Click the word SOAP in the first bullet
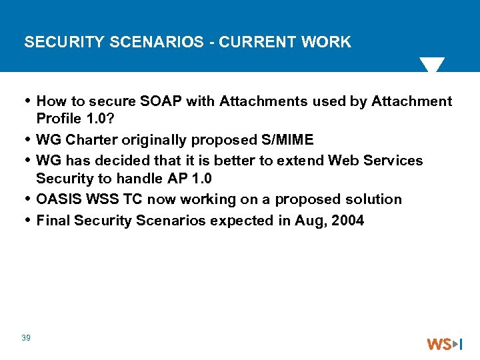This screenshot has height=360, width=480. [x=162, y=101]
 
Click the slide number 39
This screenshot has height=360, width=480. [x=26, y=338]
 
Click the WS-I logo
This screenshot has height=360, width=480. [x=444, y=344]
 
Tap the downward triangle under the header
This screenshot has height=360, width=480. [x=431, y=65]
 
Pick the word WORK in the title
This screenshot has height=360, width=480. [x=326, y=42]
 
